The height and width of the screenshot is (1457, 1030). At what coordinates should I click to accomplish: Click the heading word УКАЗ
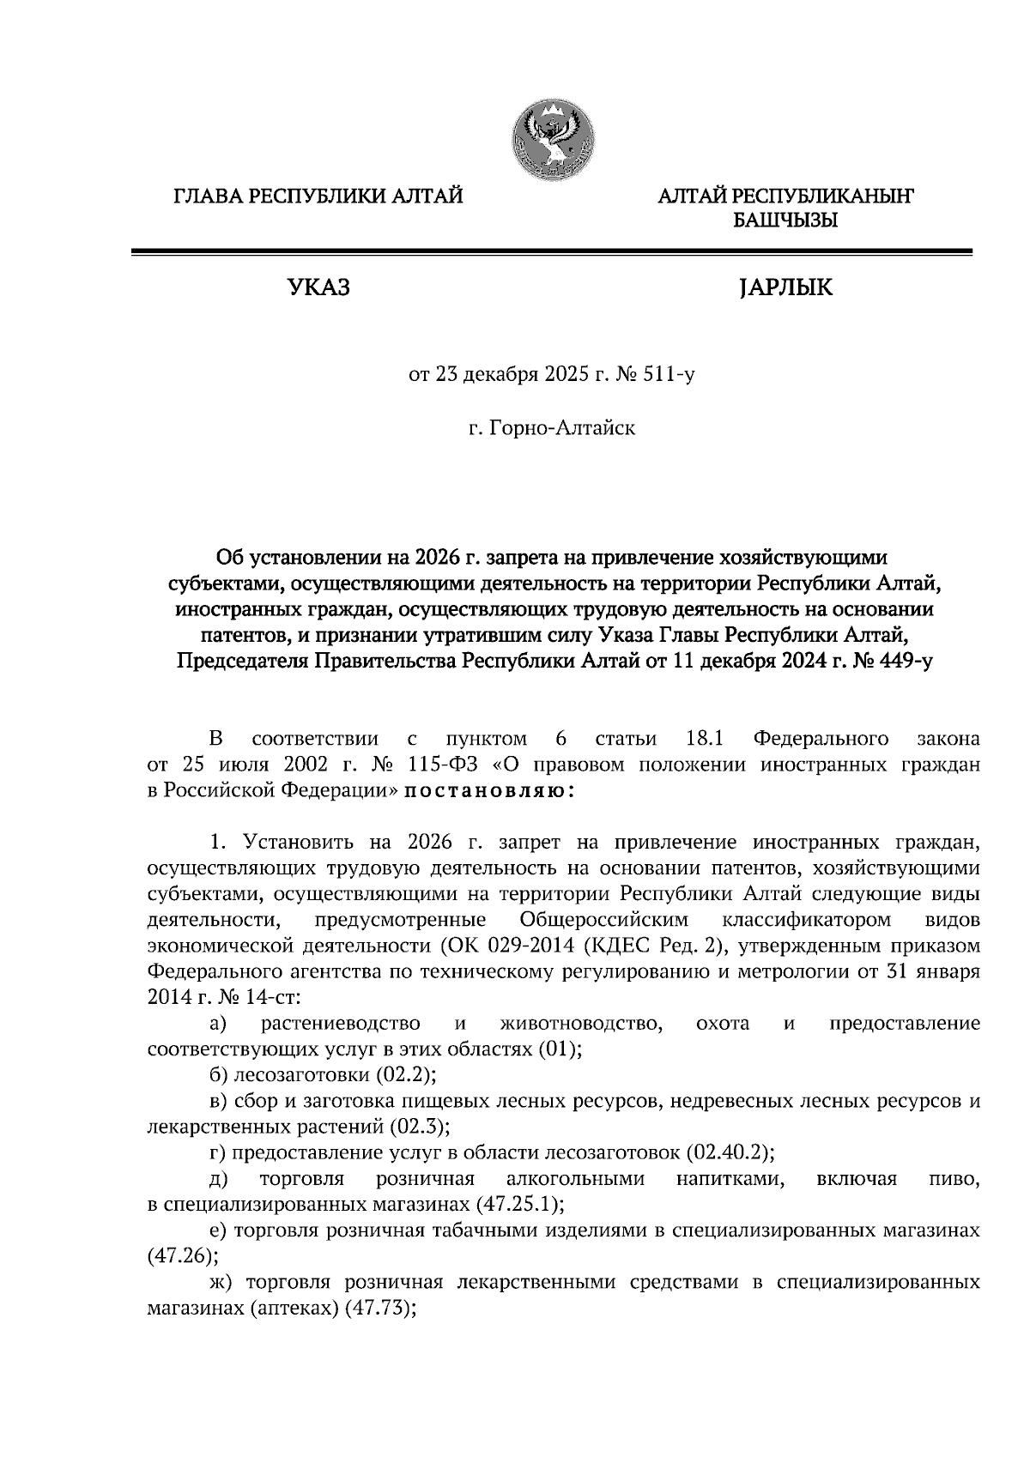tap(318, 287)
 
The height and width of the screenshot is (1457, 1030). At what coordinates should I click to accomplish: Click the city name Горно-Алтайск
tap(562, 427)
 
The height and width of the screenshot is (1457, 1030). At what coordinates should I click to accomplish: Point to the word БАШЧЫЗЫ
tap(785, 221)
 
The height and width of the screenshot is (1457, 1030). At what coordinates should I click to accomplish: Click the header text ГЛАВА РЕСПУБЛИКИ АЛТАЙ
tap(318, 197)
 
